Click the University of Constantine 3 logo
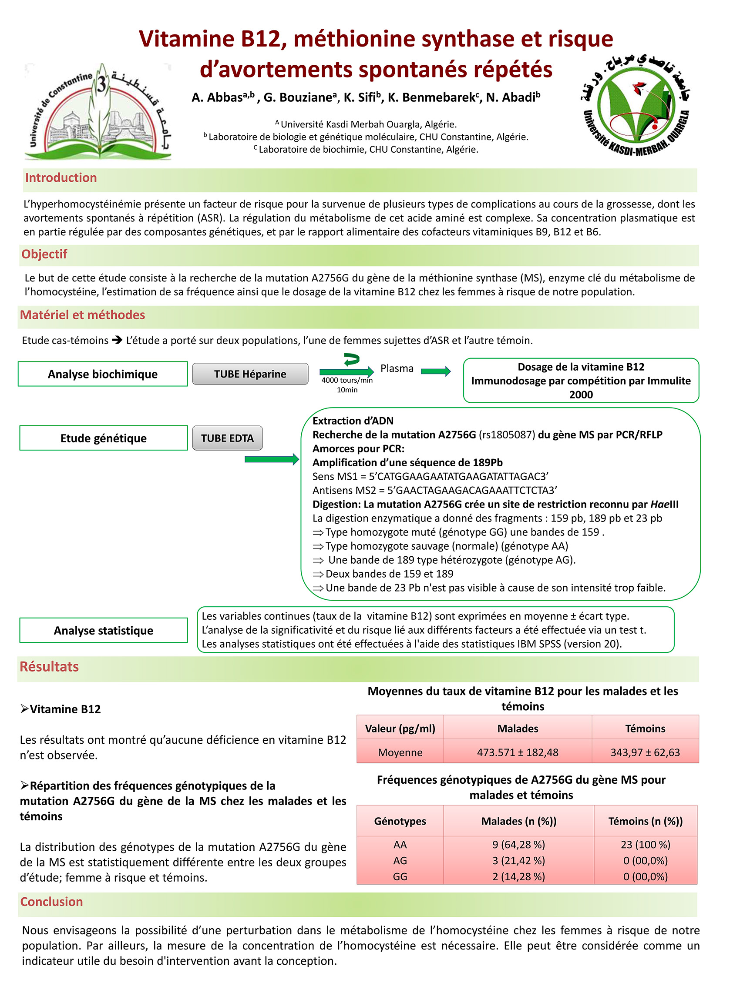98,111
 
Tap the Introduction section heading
61,178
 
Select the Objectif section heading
44,254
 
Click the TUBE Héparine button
250,374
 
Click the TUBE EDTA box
227,438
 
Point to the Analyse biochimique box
103,374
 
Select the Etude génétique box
103,438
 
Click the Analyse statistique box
103,630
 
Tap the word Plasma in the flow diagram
397,369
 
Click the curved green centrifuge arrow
351,359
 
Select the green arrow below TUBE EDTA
271,460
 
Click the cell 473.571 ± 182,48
518,752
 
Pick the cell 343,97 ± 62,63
645,752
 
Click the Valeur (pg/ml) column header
400,729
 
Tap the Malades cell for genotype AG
518,860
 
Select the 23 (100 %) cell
645,844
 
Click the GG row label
400,876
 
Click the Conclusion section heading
51,902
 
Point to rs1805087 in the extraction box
507,435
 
